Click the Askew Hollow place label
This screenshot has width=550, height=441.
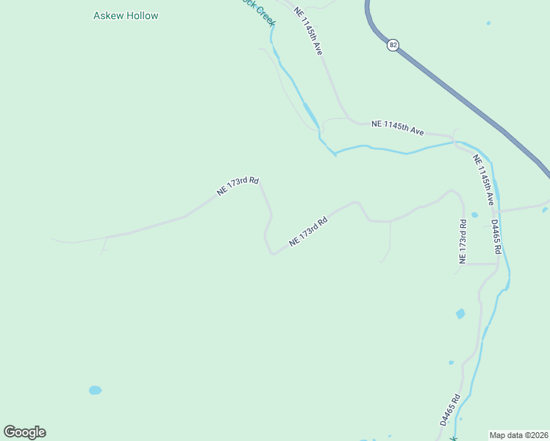[x=126, y=15]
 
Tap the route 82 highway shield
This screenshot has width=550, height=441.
[x=393, y=45]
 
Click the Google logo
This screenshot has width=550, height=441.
[x=25, y=432]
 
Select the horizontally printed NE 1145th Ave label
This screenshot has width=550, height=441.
[x=398, y=127]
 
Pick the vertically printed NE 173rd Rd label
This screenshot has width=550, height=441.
[x=463, y=242]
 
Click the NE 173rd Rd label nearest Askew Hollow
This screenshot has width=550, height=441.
[x=238, y=186]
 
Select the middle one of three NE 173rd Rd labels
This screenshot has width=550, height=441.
[x=307, y=231]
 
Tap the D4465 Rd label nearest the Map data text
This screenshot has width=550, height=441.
[x=449, y=410]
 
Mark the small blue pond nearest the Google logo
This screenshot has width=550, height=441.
[x=95, y=390]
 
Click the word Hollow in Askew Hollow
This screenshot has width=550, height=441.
[x=141, y=15]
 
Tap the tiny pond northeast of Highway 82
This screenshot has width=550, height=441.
[x=488, y=23]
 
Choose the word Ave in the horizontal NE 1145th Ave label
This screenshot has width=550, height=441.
[x=416, y=131]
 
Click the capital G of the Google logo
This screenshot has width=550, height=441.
[x=10, y=432]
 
